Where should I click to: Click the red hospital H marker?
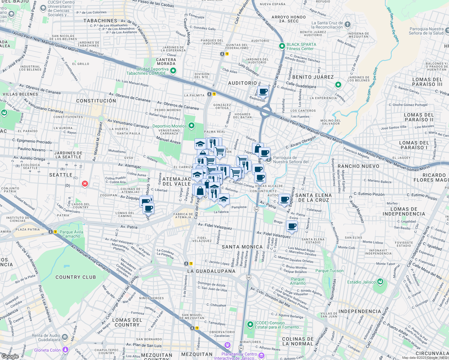(85, 184)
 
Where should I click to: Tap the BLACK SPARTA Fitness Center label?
(301, 46)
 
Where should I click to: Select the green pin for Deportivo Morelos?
(191, 126)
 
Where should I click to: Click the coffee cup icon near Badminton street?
(263, 91)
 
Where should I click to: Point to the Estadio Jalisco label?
(361, 282)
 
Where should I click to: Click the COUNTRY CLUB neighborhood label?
(76, 277)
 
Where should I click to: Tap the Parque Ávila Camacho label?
(71, 234)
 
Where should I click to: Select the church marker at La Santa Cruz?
(347, 25)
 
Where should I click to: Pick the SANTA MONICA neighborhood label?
(242, 247)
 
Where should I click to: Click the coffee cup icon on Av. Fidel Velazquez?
(292, 226)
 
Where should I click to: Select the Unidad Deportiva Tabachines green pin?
(173, 71)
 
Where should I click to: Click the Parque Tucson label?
(329, 271)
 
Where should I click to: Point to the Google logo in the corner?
(10, 356)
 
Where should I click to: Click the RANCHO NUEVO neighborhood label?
(358, 166)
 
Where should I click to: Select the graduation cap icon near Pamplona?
(224, 199)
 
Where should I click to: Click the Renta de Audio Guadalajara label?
(46, 337)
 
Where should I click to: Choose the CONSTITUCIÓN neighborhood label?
(96, 101)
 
